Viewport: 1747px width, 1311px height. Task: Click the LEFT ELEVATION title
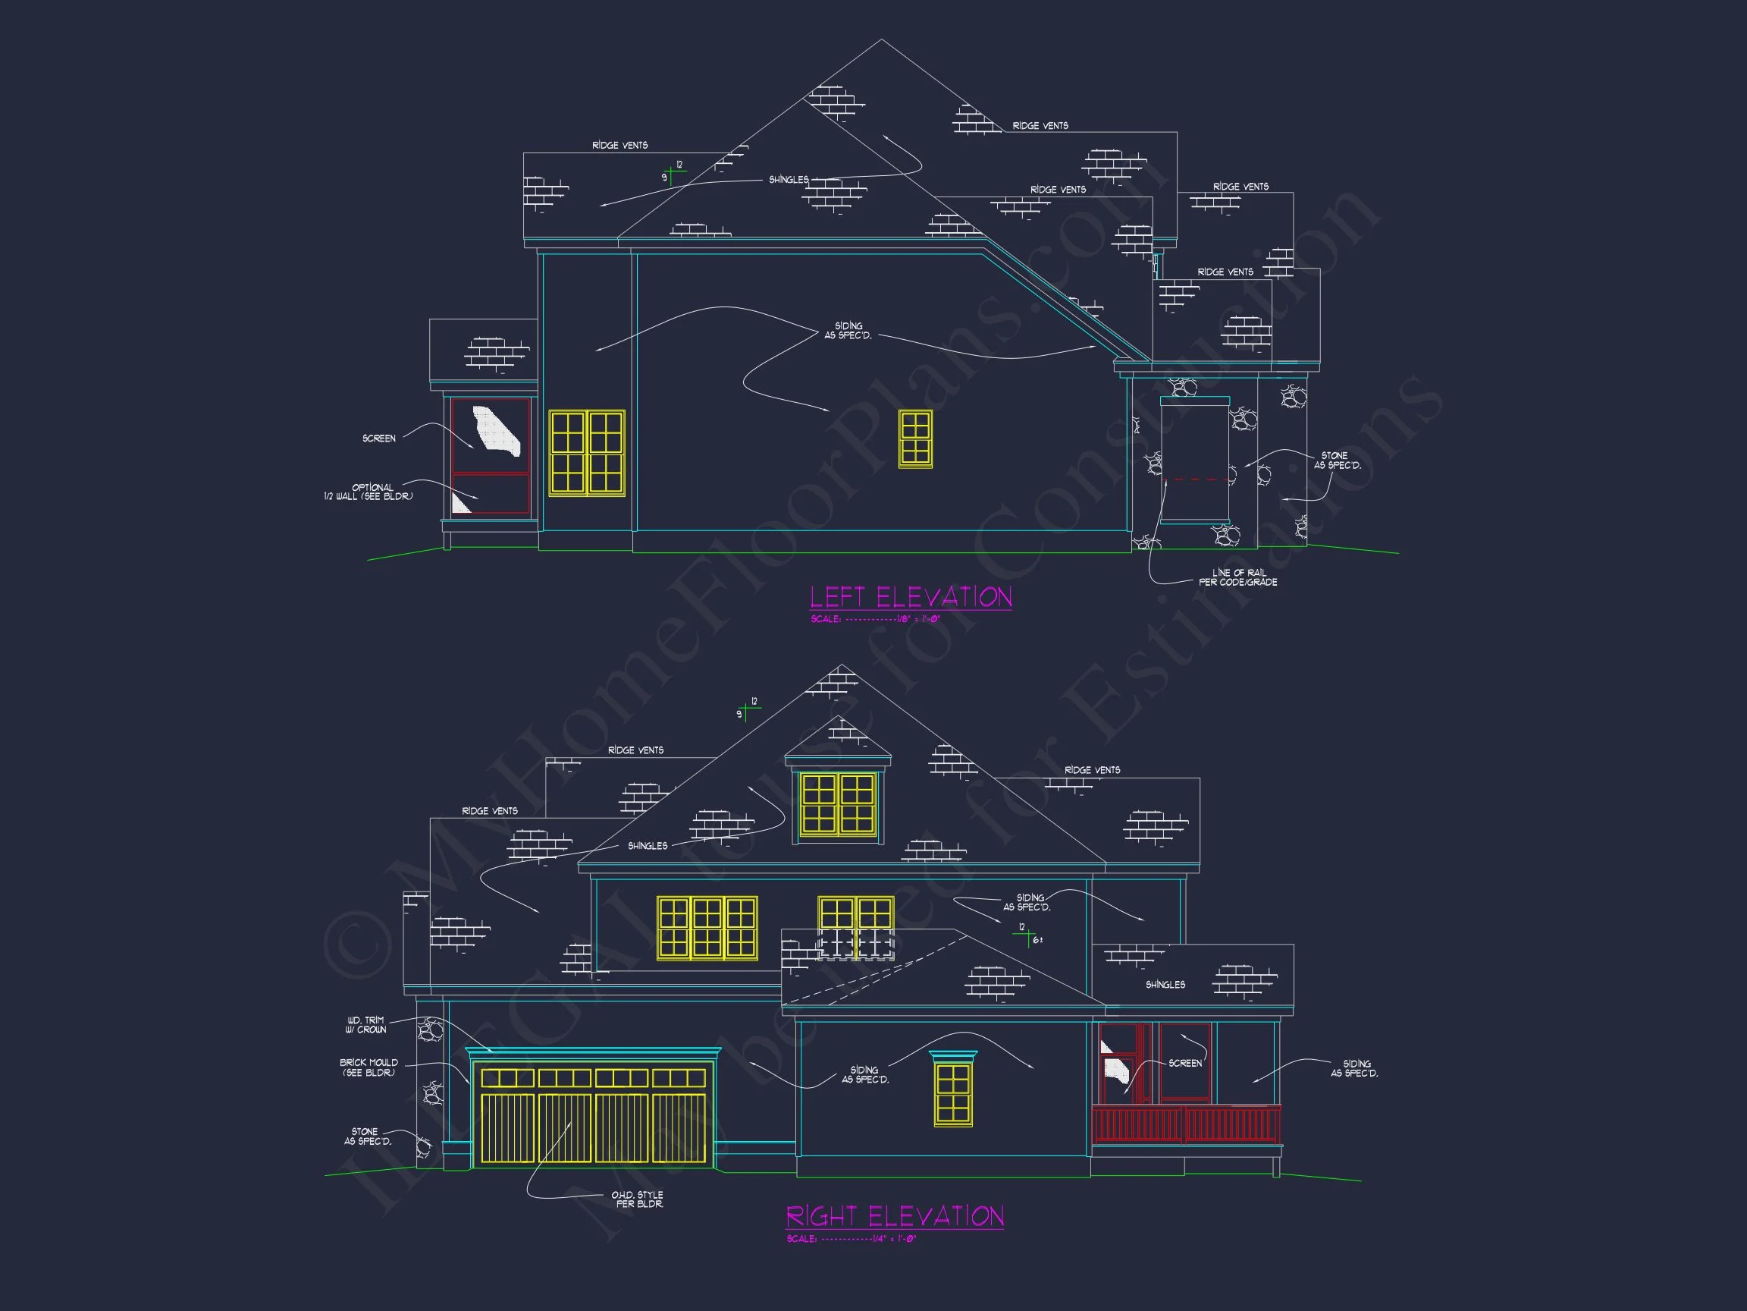(911, 597)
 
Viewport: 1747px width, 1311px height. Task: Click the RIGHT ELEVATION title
(895, 1216)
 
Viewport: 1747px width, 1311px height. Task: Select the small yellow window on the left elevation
(915, 439)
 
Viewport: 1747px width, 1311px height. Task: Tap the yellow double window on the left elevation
(586, 453)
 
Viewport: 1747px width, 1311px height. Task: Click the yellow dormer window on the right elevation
(838, 803)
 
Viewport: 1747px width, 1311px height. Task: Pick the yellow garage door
(592, 1116)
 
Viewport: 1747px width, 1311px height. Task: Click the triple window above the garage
(707, 929)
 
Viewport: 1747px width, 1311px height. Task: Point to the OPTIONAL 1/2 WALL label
(369, 492)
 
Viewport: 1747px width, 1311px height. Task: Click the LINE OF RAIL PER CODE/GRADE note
(1237, 577)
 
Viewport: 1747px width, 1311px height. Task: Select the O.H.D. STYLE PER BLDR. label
(638, 1199)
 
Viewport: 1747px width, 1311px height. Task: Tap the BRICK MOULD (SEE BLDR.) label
(369, 1067)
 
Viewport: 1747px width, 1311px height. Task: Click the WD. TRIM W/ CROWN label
(365, 1025)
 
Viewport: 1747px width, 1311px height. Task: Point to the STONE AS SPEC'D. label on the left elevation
(1336, 461)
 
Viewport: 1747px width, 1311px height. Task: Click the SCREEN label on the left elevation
(379, 439)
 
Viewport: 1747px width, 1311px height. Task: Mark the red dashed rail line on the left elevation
(1196, 479)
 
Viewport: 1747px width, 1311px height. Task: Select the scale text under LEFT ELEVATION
(875, 620)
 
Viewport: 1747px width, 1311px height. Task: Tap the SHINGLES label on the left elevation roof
(789, 180)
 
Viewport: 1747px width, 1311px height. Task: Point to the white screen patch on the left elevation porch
(496, 431)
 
